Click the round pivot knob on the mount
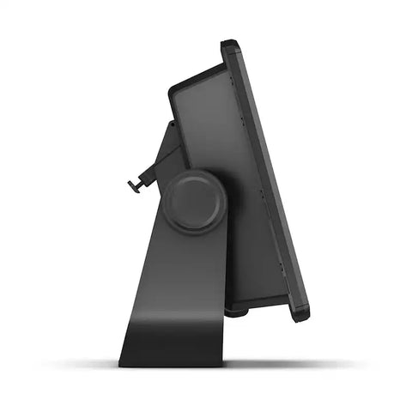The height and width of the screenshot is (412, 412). pos(195,202)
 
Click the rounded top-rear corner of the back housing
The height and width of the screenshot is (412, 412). pos(174,89)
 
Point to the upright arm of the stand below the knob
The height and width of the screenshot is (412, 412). pos(185,275)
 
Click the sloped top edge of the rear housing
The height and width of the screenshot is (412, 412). pos(197,76)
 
